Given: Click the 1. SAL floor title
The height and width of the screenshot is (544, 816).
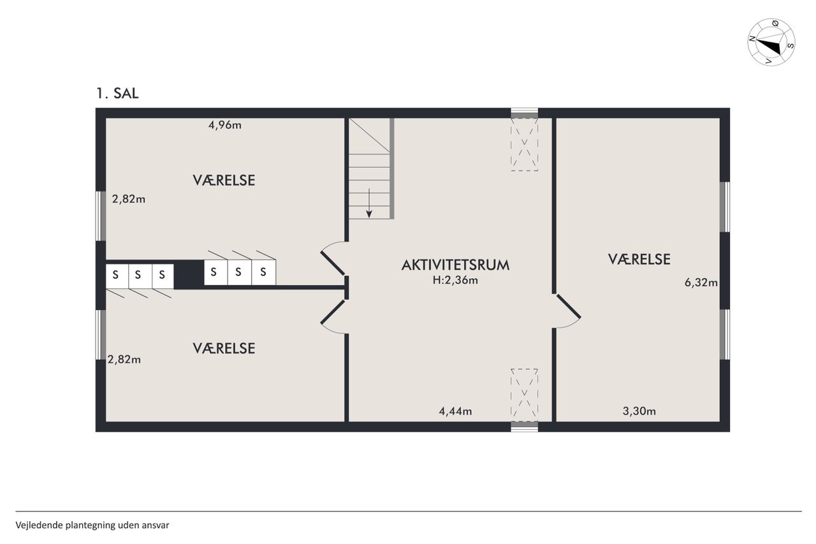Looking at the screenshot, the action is (x=117, y=94).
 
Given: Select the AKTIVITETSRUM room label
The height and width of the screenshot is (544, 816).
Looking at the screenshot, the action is (x=455, y=265).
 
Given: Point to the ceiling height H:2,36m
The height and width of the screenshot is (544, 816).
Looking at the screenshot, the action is (x=455, y=280).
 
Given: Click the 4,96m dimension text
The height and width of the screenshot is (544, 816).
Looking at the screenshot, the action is (x=225, y=126).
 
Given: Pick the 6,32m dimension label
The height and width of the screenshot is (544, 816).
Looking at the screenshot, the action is (x=701, y=283).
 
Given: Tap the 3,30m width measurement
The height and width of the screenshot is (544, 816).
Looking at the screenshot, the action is (x=639, y=411).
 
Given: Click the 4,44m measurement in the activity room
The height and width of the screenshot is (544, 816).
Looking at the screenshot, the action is (x=455, y=411).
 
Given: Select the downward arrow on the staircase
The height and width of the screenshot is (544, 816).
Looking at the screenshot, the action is (x=369, y=203).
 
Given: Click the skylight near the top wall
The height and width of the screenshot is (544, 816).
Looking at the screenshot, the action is (x=524, y=144).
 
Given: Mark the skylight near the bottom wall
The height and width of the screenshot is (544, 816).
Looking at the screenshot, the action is (x=524, y=395).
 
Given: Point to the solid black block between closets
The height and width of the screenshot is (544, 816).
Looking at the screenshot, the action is (x=189, y=274).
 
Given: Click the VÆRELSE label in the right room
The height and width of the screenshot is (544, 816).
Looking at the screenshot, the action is (x=639, y=260).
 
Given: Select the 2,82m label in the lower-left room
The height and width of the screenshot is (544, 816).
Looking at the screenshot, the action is (x=124, y=360).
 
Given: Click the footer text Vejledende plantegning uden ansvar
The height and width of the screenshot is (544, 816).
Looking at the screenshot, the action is (x=92, y=525).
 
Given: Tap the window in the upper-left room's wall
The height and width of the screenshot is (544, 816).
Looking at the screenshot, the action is (x=101, y=216).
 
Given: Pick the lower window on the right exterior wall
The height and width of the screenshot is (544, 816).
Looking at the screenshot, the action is (x=725, y=334).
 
